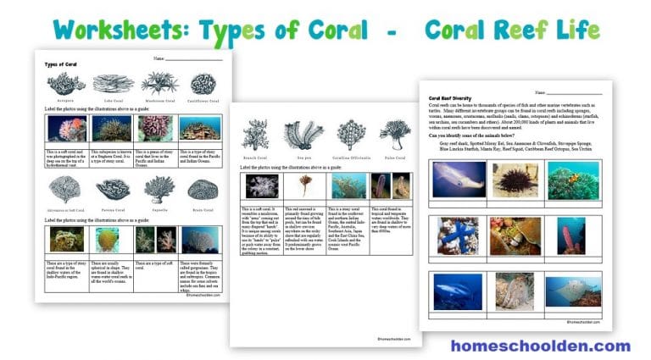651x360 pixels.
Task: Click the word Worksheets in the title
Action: pyautogui.click(x=120, y=30)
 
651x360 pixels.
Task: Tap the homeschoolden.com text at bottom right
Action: pyautogui.click(x=540, y=346)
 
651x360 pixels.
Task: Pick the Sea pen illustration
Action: pyautogui.click(x=300, y=134)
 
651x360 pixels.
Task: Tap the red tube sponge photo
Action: pyautogui.click(x=572, y=235)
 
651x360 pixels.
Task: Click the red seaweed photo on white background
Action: pyautogui.click(x=301, y=186)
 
